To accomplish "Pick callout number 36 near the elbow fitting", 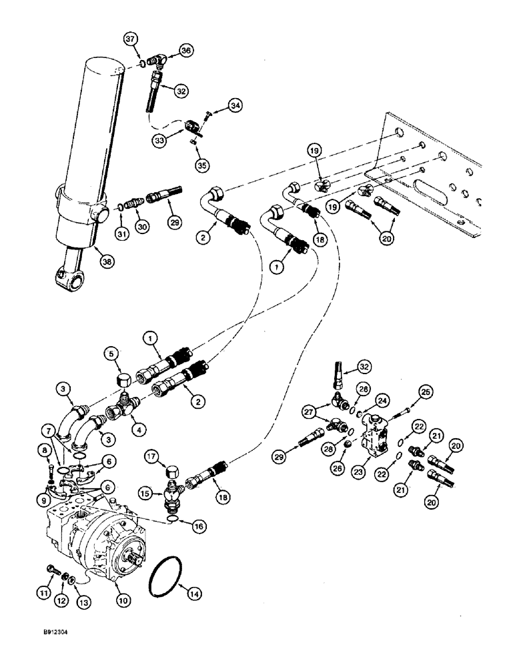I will [185, 49].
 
